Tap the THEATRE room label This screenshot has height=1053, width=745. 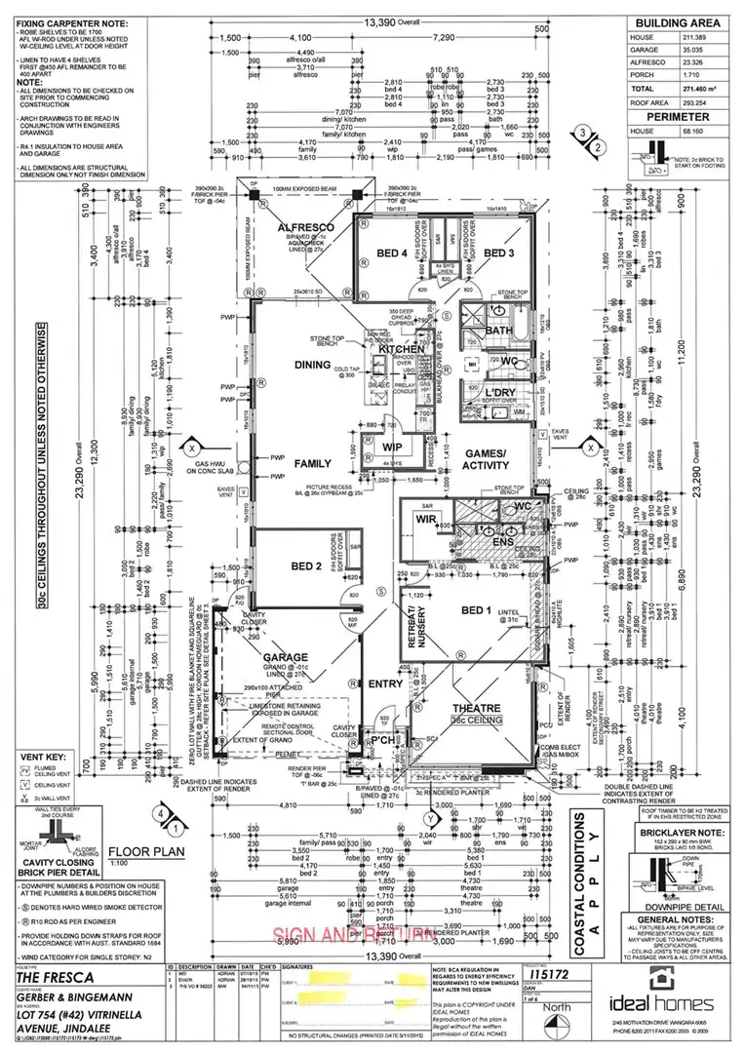tap(477, 708)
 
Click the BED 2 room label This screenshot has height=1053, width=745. tap(279, 566)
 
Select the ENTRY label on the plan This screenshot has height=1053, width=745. tap(385, 683)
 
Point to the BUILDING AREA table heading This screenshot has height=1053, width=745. tap(678, 22)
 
